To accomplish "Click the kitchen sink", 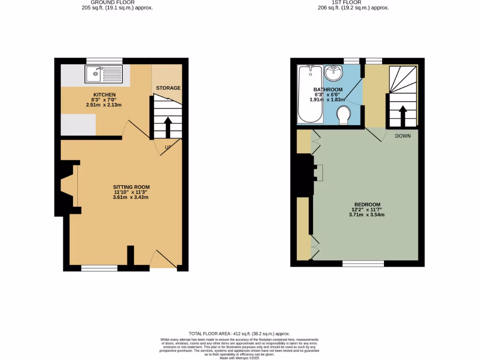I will pyautogui.click(x=104, y=75).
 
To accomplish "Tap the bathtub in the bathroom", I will pyautogui.click(x=310, y=94).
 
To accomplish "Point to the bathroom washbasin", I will pyautogui.click(x=335, y=72).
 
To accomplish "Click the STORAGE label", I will pyautogui.click(x=168, y=88).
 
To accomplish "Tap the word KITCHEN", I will pyautogui.click(x=104, y=95).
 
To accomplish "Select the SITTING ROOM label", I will pyautogui.click(x=131, y=187).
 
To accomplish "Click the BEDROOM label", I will pyautogui.click(x=367, y=204).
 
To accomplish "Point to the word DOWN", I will pyautogui.click(x=403, y=136).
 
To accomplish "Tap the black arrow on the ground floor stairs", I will pyautogui.click(x=167, y=126).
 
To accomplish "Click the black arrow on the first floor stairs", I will pyautogui.click(x=402, y=116).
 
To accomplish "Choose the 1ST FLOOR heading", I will pyautogui.click(x=346, y=2).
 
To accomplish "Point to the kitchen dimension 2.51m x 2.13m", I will pyautogui.click(x=104, y=105).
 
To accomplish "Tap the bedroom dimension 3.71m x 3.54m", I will pyautogui.click(x=367, y=215).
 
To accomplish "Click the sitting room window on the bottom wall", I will pyautogui.click(x=99, y=268).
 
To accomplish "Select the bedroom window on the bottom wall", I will pyautogui.click(x=363, y=264).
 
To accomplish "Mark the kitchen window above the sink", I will pyautogui.click(x=104, y=61).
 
